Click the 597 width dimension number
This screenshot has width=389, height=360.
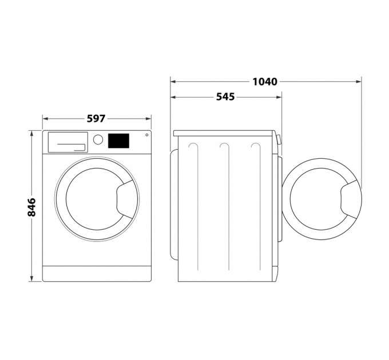97,119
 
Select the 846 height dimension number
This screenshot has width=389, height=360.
32,206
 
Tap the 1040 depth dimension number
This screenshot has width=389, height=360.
265,82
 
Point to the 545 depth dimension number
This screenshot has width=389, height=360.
226,97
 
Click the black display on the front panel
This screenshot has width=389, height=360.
118,140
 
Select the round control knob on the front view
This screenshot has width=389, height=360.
98,139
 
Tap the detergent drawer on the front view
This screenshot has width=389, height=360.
67,142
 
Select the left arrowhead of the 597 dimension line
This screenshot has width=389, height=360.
45,119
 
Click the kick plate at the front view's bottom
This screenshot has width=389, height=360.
97,273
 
